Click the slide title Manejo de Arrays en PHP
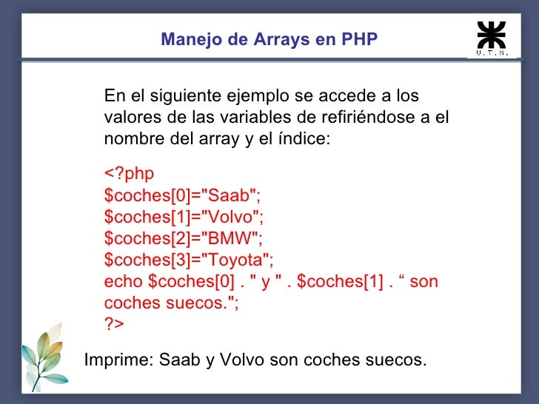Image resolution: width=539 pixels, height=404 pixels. [269, 38]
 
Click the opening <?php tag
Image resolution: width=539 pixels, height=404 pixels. [129, 174]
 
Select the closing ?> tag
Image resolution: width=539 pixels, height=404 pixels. [114, 324]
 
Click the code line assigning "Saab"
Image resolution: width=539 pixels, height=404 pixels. [183, 195]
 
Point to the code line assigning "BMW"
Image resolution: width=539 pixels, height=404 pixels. [184, 238]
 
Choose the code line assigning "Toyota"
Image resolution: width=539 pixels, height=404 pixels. [189, 260]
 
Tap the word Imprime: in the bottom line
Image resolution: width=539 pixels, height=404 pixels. [119, 360]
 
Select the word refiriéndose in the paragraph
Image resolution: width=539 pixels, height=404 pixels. [353, 118]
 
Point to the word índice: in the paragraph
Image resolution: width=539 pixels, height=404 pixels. [299, 139]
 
